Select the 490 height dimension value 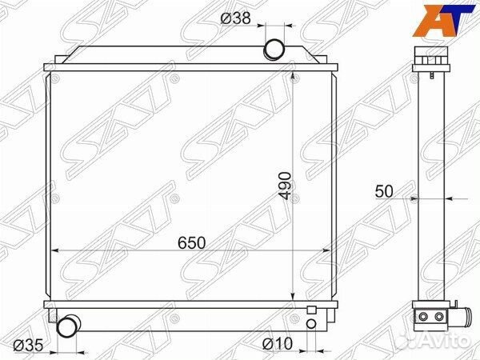(x=286, y=186)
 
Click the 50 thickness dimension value (x=383, y=192)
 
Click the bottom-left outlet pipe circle (x=70, y=326)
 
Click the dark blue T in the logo (x=458, y=19)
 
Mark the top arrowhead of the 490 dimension (x=296, y=74)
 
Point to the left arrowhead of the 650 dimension (x=56, y=251)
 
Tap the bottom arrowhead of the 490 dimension (x=296, y=298)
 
